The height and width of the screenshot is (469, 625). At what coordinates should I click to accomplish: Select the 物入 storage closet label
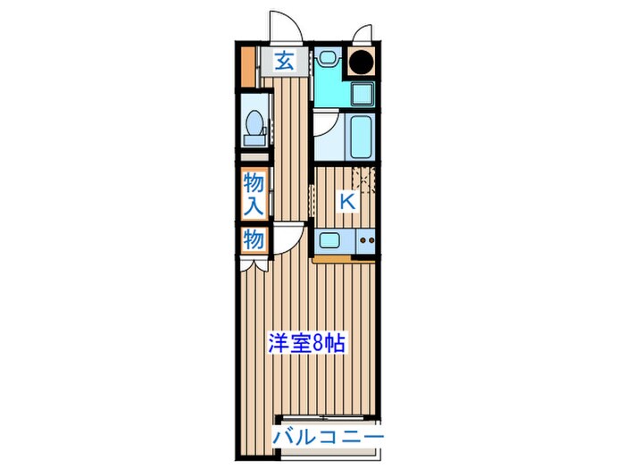(x=254, y=194)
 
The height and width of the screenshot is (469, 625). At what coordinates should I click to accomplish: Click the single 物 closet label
(x=254, y=240)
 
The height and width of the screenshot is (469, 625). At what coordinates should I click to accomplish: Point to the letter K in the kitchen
(x=346, y=202)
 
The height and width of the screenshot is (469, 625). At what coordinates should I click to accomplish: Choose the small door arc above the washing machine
(x=363, y=33)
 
